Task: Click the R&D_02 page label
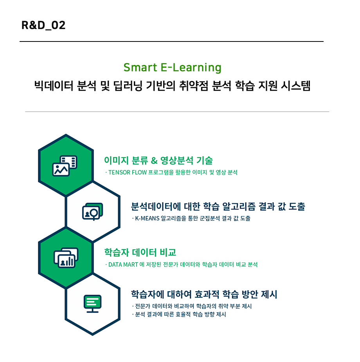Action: [x=43, y=25]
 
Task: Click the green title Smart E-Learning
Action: [x=173, y=68]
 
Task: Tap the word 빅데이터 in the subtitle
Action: [x=54, y=86]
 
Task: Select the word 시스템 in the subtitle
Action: [x=295, y=86]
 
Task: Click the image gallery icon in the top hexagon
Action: [x=65, y=166]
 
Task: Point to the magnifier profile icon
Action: [x=92, y=211]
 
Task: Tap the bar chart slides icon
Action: [x=66, y=258]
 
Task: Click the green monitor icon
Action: [x=92, y=304]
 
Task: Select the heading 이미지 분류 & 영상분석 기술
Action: [x=158, y=160]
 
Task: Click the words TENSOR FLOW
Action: [x=128, y=173]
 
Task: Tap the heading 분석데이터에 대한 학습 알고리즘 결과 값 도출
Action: [x=218, y=206]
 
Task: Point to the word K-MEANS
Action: [x=147, y=218]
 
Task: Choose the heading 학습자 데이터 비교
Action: [x=140, y=252]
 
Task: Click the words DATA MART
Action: [x=123, y=265]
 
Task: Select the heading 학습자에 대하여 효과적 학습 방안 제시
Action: [x=204, y=294]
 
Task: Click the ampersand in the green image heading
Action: [x=154, y=160]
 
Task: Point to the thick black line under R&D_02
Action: [x=171, y=41]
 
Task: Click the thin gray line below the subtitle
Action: [x=177, y=112]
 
